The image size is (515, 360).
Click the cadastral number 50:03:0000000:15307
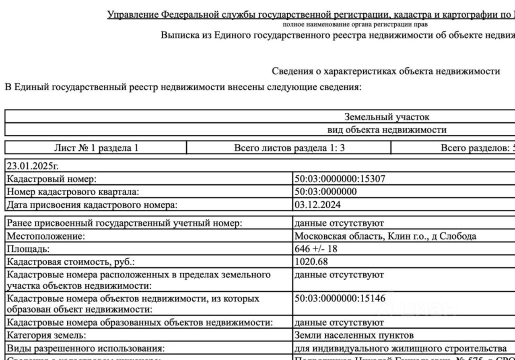click(340, 178)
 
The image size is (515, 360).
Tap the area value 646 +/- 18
click(316, 249)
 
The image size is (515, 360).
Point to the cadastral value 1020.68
click(311, 262)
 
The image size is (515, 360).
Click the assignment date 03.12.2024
click(318, 205)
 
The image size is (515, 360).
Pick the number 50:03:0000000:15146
click(340, 299)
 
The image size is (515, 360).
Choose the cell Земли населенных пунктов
click(354, 335)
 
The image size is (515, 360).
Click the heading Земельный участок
click(387, 117)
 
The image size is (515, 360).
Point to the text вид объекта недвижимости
click(387, 130)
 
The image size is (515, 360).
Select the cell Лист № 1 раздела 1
click(96, 148)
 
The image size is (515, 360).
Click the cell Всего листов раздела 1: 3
click(289, 148)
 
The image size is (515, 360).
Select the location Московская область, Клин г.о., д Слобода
click(385, 236)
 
